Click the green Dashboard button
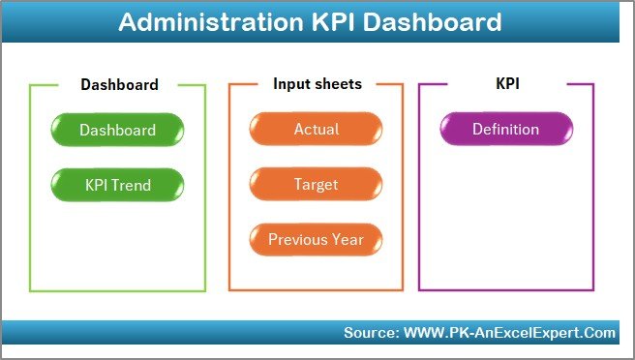pos(117,130)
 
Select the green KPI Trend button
pos(117,184)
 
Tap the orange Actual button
pos(316,130)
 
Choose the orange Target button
pos(316,184)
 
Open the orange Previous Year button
pos(316,239)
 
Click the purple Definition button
pos(505,130)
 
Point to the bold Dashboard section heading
pos(119,85)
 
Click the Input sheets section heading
pos(317,84)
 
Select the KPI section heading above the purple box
pos(507,84)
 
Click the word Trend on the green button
pos(133,184)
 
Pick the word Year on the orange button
pos(348,239)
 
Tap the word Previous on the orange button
pos(298,239)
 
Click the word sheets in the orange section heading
pos(338,84)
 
